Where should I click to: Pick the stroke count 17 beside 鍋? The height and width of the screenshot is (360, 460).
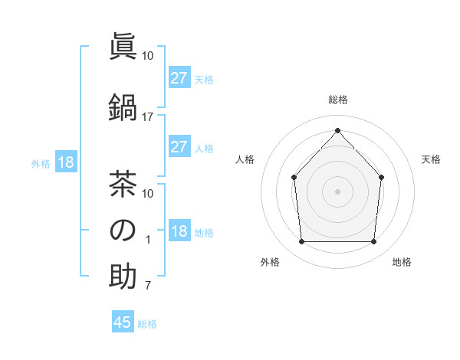coord(148,117)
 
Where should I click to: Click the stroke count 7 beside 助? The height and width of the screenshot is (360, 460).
coord(147,287)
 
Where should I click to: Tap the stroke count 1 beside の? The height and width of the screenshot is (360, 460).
coord(147,240)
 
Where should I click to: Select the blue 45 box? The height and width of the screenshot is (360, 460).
coord(123,322)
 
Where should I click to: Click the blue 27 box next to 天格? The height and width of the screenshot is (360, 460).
coord(179,78)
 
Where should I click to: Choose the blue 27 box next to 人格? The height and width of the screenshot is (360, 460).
coord(179,147)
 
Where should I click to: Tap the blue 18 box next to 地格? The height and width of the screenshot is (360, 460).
coord(179,232)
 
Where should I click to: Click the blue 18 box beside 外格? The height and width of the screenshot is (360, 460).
coord(65,162)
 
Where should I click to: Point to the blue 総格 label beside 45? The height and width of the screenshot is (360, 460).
coord(147,324)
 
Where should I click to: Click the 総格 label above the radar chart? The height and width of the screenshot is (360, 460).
coord(337,100)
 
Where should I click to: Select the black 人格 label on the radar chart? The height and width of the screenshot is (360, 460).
coord(245,159)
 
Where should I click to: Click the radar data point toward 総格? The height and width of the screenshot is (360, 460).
coord(337,130)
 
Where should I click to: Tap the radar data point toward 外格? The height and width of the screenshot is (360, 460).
coord(301,242)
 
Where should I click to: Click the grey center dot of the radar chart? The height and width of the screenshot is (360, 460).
coord(337,191)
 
